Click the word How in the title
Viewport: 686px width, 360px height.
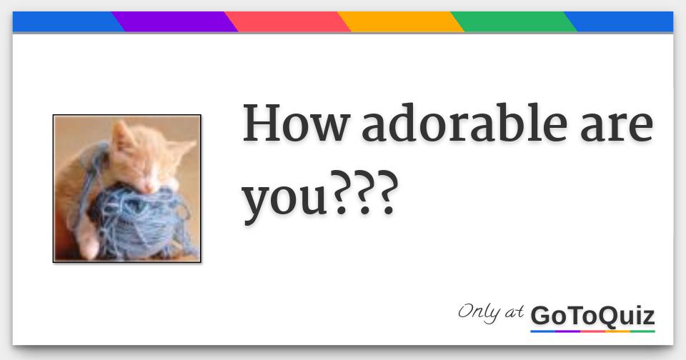tap(297, 124)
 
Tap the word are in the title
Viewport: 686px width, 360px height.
tap(617, 128)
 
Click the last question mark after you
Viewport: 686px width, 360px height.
tap(387, 193)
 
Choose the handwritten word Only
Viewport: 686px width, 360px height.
tap(479, 313)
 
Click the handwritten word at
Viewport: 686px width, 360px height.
tap(514, 312)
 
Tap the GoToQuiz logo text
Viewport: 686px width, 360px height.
tap(593, 316)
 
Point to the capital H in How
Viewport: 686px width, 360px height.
tap(262, 123)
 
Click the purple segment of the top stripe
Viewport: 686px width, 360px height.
tap(174, 21)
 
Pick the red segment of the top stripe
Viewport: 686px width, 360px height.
tap(287, 21)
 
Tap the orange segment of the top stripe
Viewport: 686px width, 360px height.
tap(400, 21)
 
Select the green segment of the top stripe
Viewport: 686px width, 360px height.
tap(514, 21)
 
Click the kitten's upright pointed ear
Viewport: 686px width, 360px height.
tap(120, 135)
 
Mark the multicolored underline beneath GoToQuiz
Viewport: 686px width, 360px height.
tap(593, 331)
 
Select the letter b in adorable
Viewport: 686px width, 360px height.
tap(512, 122)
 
